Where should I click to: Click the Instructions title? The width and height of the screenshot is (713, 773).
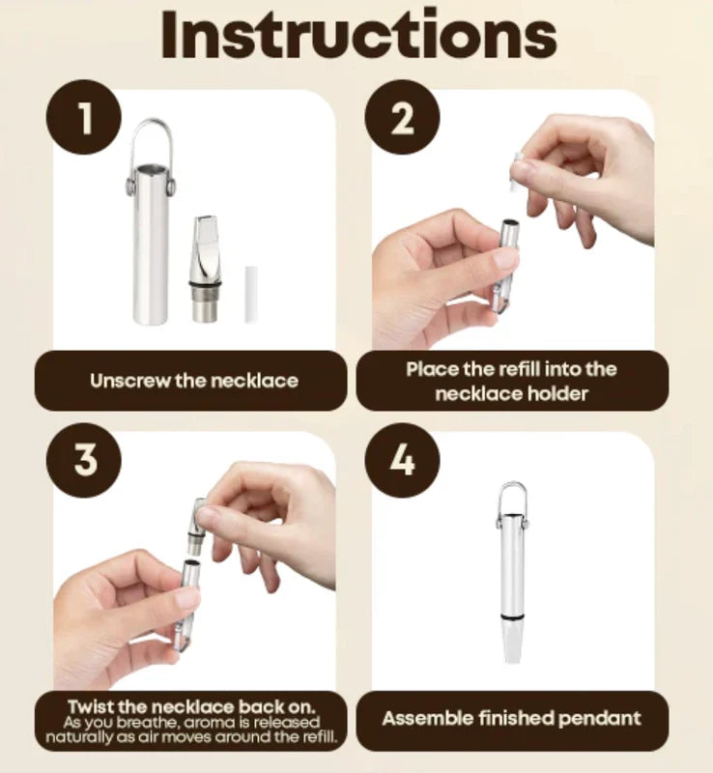click(x=359, y=35)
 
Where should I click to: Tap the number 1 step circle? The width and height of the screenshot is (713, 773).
click(x=84, y=118)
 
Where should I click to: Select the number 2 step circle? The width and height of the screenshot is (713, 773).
click(x=402, y=118)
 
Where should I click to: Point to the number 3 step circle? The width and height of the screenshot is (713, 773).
click(x=84, y=460)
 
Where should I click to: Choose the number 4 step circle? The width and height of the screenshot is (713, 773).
click(x=402, y=460)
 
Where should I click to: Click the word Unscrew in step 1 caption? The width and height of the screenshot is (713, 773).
click(x=129, y=381)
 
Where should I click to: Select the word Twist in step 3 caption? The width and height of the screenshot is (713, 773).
click(x=91, y=706)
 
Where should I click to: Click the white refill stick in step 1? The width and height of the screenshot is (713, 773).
click(x=251, y=295)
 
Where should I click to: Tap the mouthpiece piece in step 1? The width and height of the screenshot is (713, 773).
click(x=206, y=270)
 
